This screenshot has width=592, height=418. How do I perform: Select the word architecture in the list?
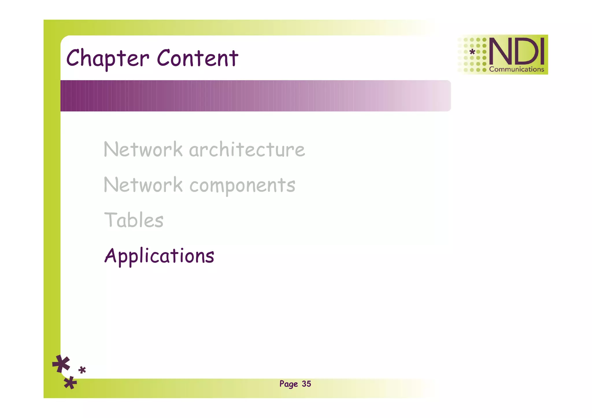[247, 150]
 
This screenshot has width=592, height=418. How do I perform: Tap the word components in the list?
[242, 186]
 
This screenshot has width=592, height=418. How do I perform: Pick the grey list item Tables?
[134, 220]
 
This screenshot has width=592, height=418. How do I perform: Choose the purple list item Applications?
[159, 256]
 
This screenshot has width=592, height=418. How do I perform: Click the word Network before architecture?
[143, 150]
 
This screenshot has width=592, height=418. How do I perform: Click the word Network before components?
[143, 185]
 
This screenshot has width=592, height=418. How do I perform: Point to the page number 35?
[306, 384]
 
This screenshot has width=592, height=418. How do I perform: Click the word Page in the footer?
[288, 384]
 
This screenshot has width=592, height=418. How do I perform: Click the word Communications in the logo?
[517, 69]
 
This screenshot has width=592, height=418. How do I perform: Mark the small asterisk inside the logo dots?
[472, 52]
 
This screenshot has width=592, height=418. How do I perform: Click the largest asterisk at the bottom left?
[61, 364]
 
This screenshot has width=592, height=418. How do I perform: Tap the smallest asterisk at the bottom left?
[82, 370]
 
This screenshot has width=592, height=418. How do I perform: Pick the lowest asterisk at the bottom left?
[70, 383]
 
